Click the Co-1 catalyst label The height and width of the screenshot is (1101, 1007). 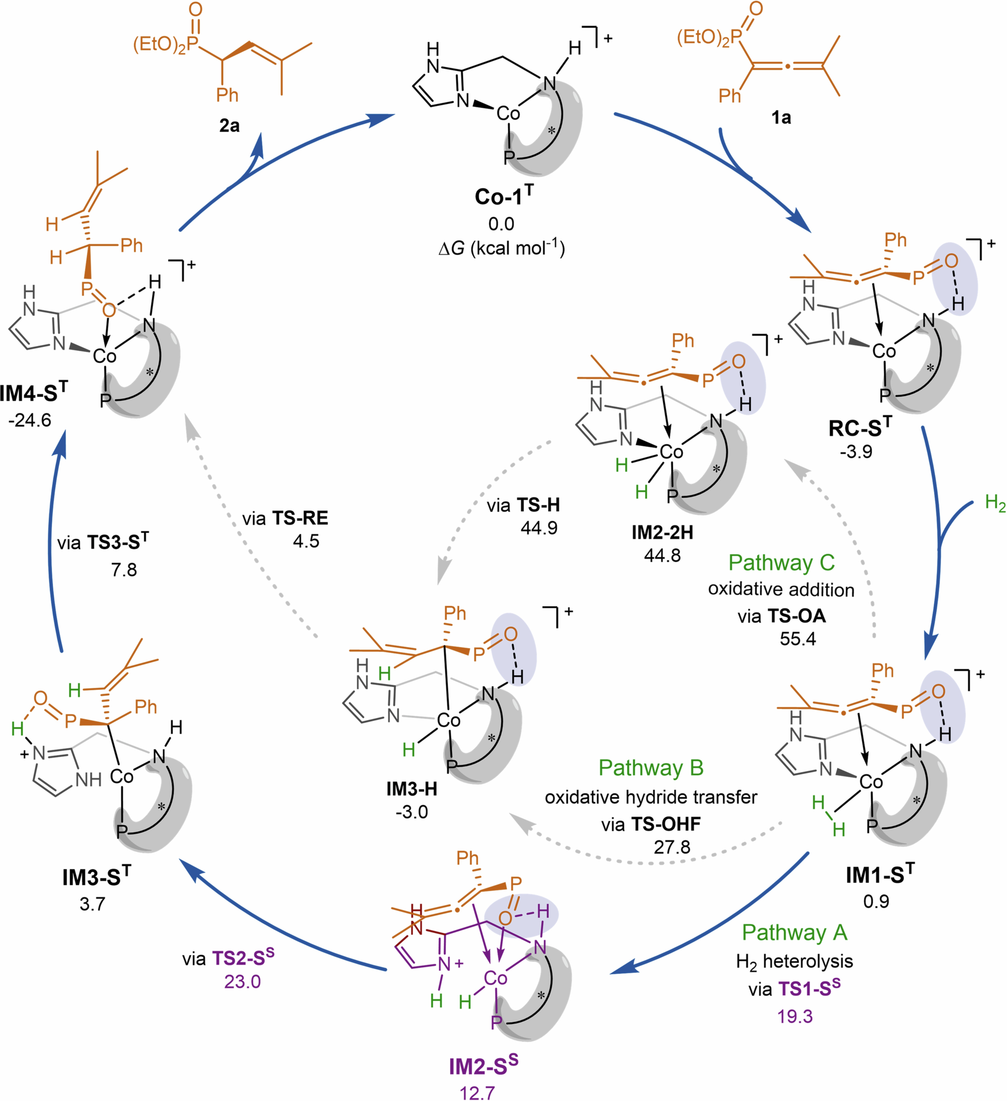pyautogui.click(x=503, y=196)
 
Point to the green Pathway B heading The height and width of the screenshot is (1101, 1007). pyautogui.click(x=651, y=767)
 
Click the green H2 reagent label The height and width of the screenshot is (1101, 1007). pyautogui.click(x=995, y=502)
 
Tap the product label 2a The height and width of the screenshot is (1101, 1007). pyautogui.click(x=229, y=126)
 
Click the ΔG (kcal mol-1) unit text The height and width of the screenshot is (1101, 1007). pyautogui.click(x=501, y=249)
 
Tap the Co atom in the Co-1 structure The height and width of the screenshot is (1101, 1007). pyautogui.click(x=508, y=114)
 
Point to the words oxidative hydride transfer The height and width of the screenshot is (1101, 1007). pyautogui.click(x=651, y=797)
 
